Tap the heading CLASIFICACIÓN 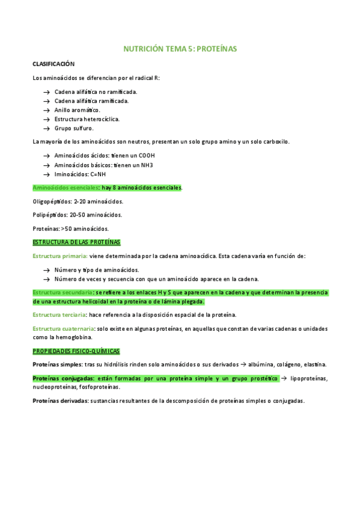pos(53,63)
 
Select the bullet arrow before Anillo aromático pos(46,110)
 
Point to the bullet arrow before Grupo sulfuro pos(46,128)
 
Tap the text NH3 pos(144,164)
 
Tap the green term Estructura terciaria pos(59,315)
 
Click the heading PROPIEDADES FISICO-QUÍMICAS pos(76,351)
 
